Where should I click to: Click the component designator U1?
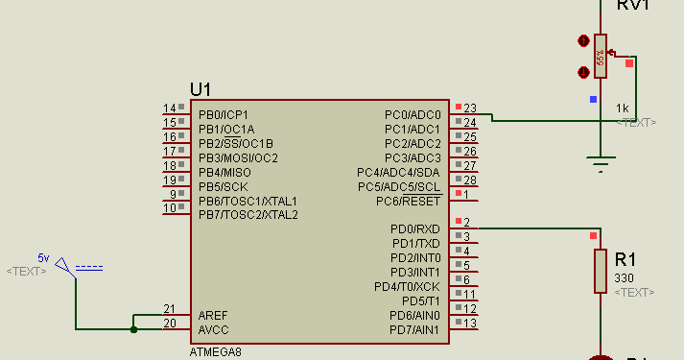click(x=200, y=89)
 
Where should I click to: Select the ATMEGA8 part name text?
click(x=216, y=352)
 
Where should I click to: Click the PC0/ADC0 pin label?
click(x=413, y=114)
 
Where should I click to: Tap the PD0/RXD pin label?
click(x=414, y=229)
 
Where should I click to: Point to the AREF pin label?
click(x=213, y=315)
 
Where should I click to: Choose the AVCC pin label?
click(x=213, y=329)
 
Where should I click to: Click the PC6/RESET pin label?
click(x=409, y=201)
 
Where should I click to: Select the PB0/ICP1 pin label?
click(x=224, y=114)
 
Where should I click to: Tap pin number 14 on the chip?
click(x=169, y=108)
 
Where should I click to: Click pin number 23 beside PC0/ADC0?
click(x=470, y=108)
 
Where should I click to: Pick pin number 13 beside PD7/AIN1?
click(x=470, y=323)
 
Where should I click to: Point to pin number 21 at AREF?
click(x=169, y=308)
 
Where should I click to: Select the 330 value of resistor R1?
click(x=624, y=277)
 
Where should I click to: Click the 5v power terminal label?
click(x=43, y=258)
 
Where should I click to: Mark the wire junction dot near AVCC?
click(x=133, y=329)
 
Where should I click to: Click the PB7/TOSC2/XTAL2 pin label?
click(x=248, y=215)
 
